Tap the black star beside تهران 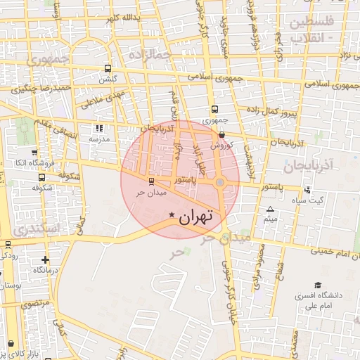[x=172, y=214]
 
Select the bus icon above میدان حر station [x=143, y=182]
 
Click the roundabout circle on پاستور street [x=220, y=183]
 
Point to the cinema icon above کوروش [x=221, y=134]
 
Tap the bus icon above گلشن [x=107, y=69]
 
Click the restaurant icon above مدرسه [x=99, y=129]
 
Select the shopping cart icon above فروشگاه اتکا [x=34, y=153]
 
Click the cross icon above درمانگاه [x=46, y=259]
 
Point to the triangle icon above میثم [x=271, y=210]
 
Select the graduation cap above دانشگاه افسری [x=318, y=285]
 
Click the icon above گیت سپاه [x=308, y=190]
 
